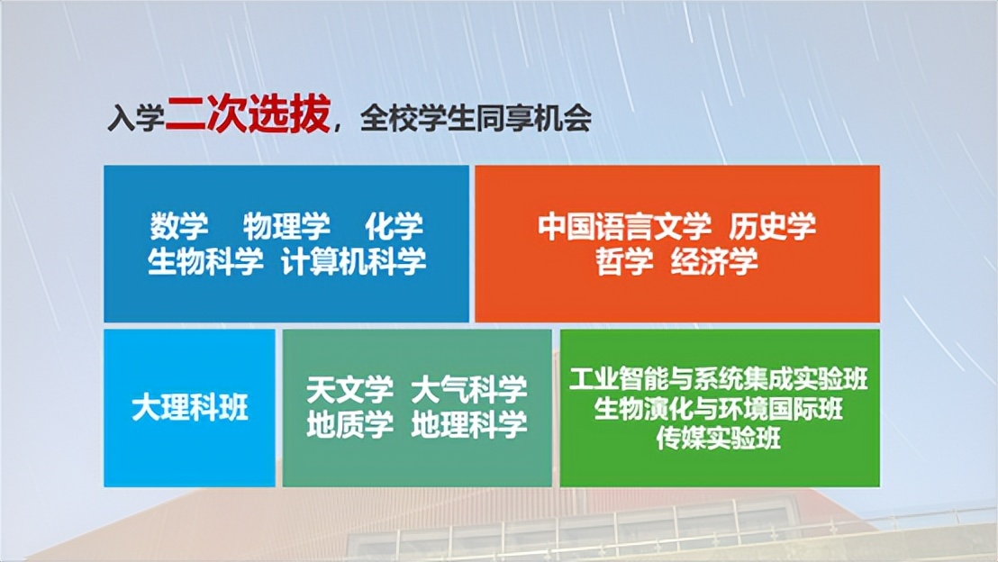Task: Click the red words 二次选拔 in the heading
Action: click(247, 117)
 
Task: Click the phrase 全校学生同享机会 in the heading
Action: click(476, 120)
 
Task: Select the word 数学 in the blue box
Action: click(179, 226)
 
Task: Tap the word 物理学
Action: click(286, 226)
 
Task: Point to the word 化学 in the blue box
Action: click(394, 226)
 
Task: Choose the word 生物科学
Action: click(205, 261)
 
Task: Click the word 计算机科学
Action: click(353, 261)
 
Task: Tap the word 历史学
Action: click(773, 226)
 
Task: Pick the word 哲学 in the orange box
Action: click(624, 261)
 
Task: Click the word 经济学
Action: click(714, 261)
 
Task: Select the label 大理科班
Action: click(189, 409)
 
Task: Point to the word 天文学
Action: click(349, 391)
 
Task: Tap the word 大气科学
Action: click(469, 391)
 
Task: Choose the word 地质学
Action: click(349, 425)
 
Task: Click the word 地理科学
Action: click(469, 425)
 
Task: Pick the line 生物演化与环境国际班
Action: click(719, 409)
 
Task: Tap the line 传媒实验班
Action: click(719, 439)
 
